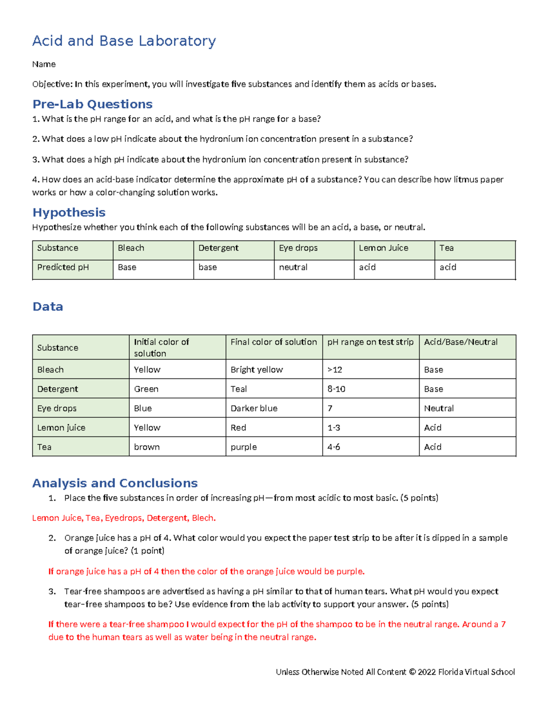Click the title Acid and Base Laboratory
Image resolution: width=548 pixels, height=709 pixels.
tap(124, 41)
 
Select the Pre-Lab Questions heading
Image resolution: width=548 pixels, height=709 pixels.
tap(92, 104)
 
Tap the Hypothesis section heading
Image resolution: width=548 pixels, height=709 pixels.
tap(69, 212)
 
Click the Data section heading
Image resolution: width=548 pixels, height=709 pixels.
tap(48, 306)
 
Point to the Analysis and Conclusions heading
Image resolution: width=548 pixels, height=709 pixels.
tap(115, 483)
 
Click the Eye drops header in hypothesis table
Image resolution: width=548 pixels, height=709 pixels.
tap(298, 248)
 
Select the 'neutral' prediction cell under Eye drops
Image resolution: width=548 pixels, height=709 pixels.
tap(293, 267)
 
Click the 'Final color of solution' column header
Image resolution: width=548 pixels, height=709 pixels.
tap(274, 342)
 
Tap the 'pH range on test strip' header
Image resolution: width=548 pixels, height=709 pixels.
tap(370, 342)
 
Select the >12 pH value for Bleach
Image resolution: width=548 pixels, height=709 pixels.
tap(335, 370)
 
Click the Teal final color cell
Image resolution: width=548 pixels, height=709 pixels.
tap(239, 389)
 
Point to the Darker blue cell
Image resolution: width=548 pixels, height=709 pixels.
tap(254, 408)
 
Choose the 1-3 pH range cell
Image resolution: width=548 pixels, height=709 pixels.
tap(334, 428)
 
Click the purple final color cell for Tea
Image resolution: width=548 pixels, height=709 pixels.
tap(244, 447)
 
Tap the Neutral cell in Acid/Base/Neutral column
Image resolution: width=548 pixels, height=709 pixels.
tap(439, 408)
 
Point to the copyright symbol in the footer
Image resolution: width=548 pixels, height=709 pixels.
tap(412, 672)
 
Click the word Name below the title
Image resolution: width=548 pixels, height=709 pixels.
tap(44, 64)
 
